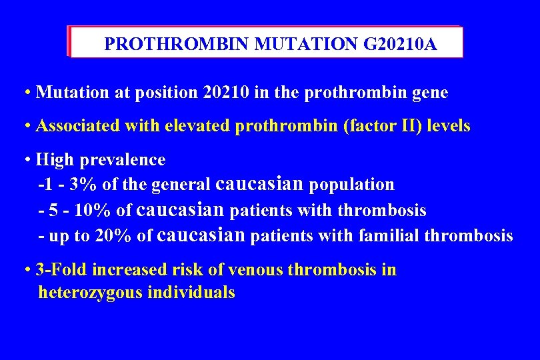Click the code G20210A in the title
point(400,45)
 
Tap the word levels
point(448,126)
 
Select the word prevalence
point(123,160)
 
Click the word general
point(182,185)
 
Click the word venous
point(252,270)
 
